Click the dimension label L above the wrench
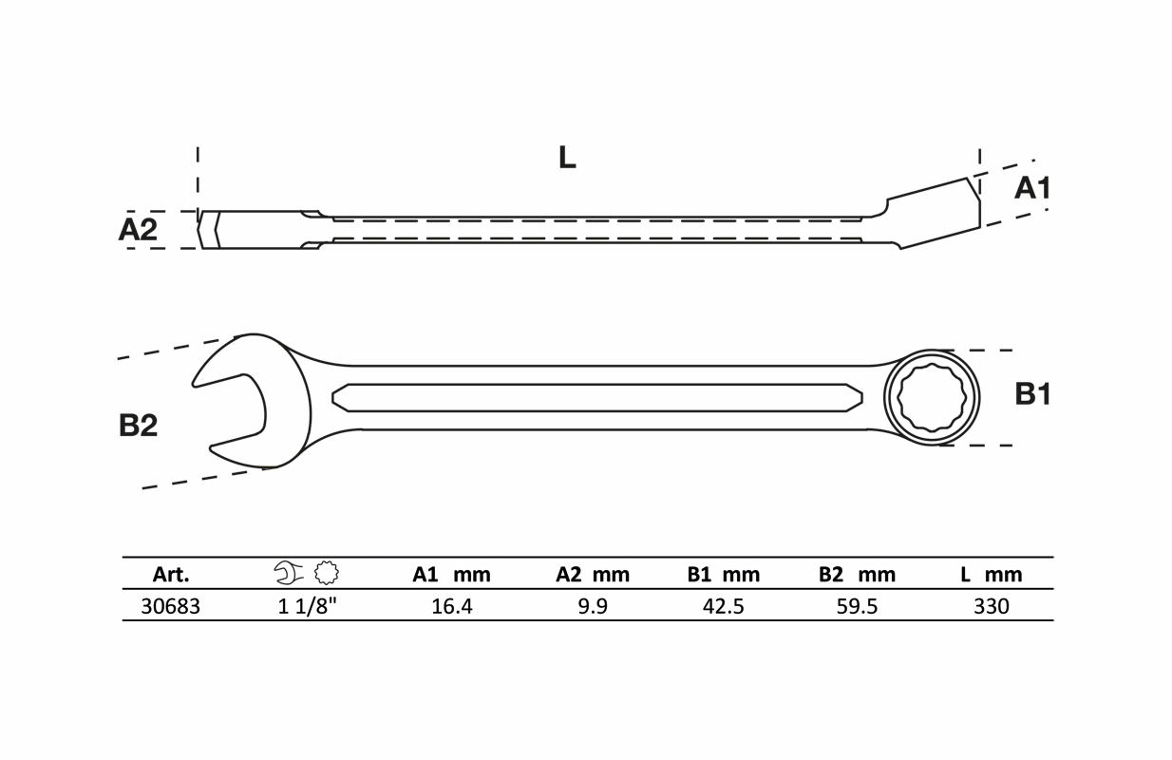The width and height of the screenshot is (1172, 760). [x=567, y=157]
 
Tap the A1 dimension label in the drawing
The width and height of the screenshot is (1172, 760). [x=1032, y=188]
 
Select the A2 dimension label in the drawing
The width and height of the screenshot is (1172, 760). [x=138, y=229]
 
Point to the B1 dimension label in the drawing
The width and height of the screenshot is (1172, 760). [x=1032, y=394]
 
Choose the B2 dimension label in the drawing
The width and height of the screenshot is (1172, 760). [x=138, y=425]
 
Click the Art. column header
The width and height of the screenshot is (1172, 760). [x=171, y=575]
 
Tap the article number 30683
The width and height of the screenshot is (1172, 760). [x=171, y=607]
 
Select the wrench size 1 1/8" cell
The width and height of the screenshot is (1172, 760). [x=307, y=606]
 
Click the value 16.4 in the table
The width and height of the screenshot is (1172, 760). [x=451, y=607]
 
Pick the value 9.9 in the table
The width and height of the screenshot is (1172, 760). [x=593, y=607]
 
